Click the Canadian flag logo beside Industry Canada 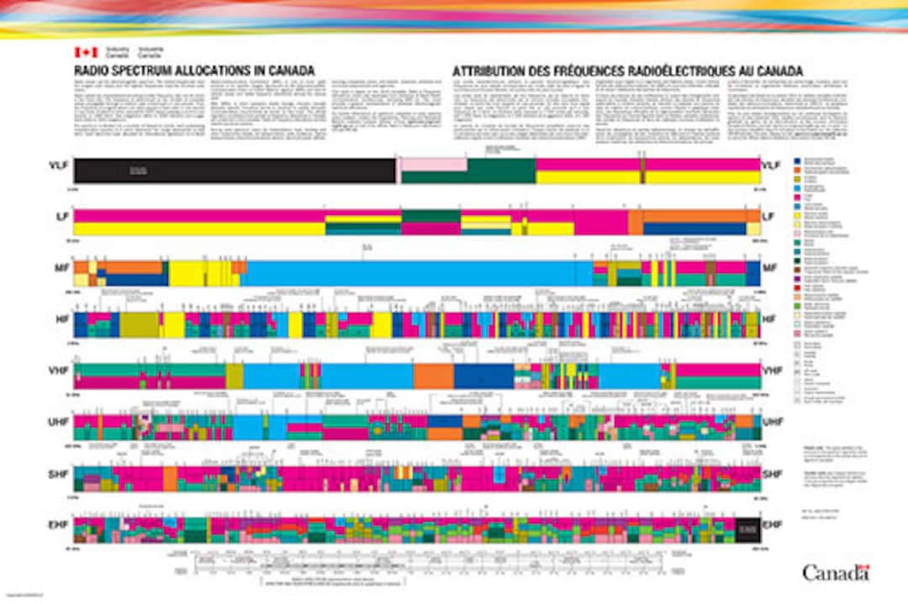pos(84,52)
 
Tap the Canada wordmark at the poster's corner pos(835,573)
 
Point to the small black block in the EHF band pos(745,530)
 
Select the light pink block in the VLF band pos(433,165)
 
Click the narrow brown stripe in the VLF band pos(642,171)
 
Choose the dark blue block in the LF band pos(694,228)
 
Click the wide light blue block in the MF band pos(412,274)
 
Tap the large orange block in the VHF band pos(433,376)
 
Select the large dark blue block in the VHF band pos(483,376)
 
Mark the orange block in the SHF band pos(171,479)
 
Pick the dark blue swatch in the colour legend pos(797,159)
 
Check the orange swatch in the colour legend pos(797,169)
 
